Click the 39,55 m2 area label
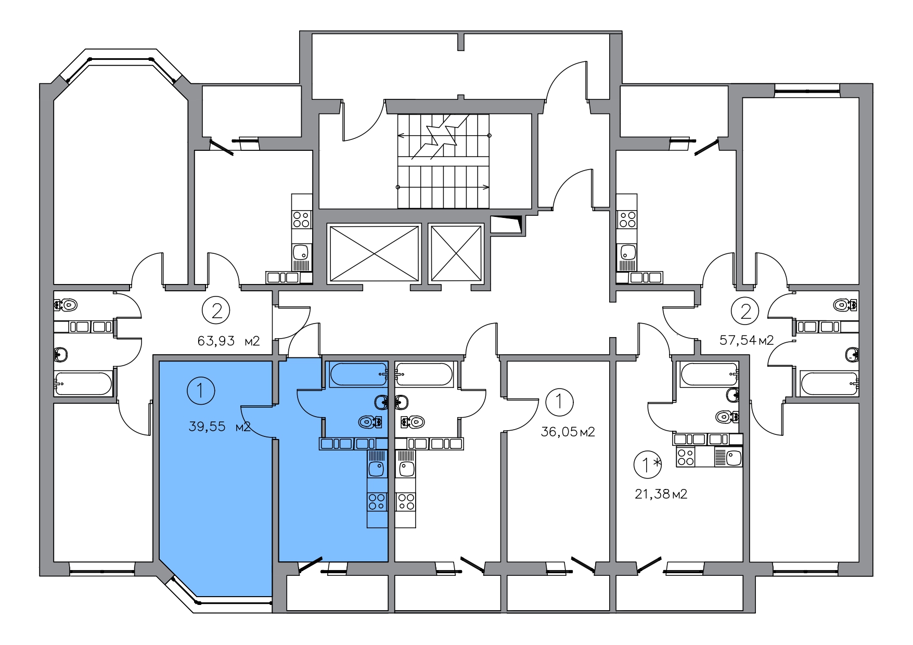221,427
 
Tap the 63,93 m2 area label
228,341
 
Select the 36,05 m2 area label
568,432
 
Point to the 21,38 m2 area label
661,494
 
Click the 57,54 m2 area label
747,341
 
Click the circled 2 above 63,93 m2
216,311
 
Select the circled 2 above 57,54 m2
745,312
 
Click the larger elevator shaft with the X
374,254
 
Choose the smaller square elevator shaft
456,254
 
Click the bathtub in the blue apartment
357,375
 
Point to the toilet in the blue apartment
370,422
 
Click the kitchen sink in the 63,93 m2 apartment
301,253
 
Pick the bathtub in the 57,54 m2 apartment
829,384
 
